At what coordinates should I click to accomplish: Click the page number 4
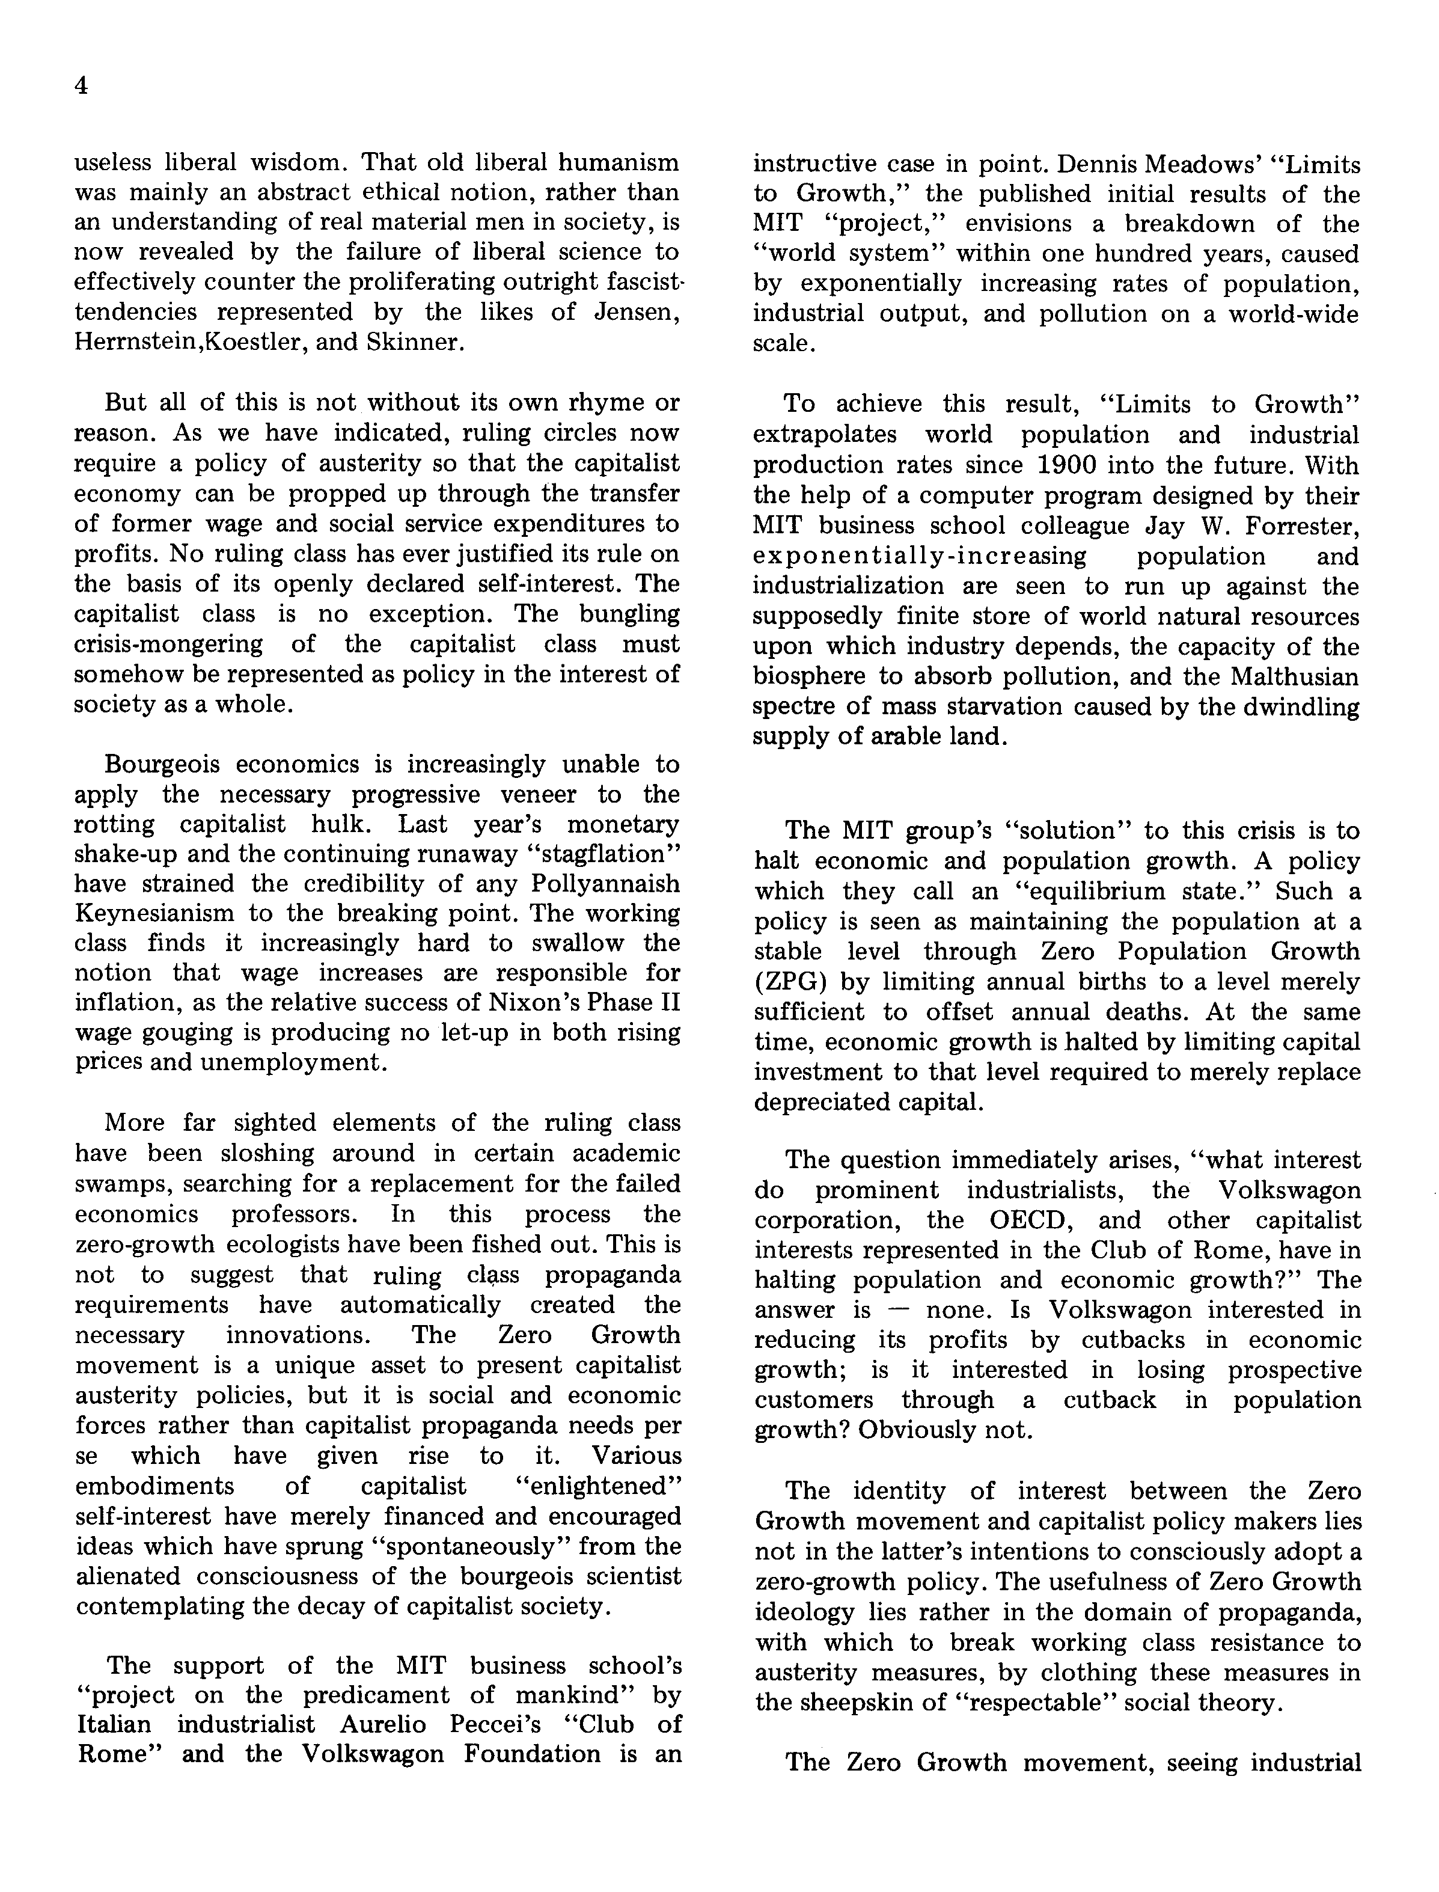81,87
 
